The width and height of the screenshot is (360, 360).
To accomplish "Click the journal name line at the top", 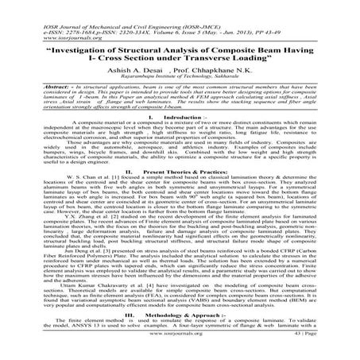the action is [x=103, y=5].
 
